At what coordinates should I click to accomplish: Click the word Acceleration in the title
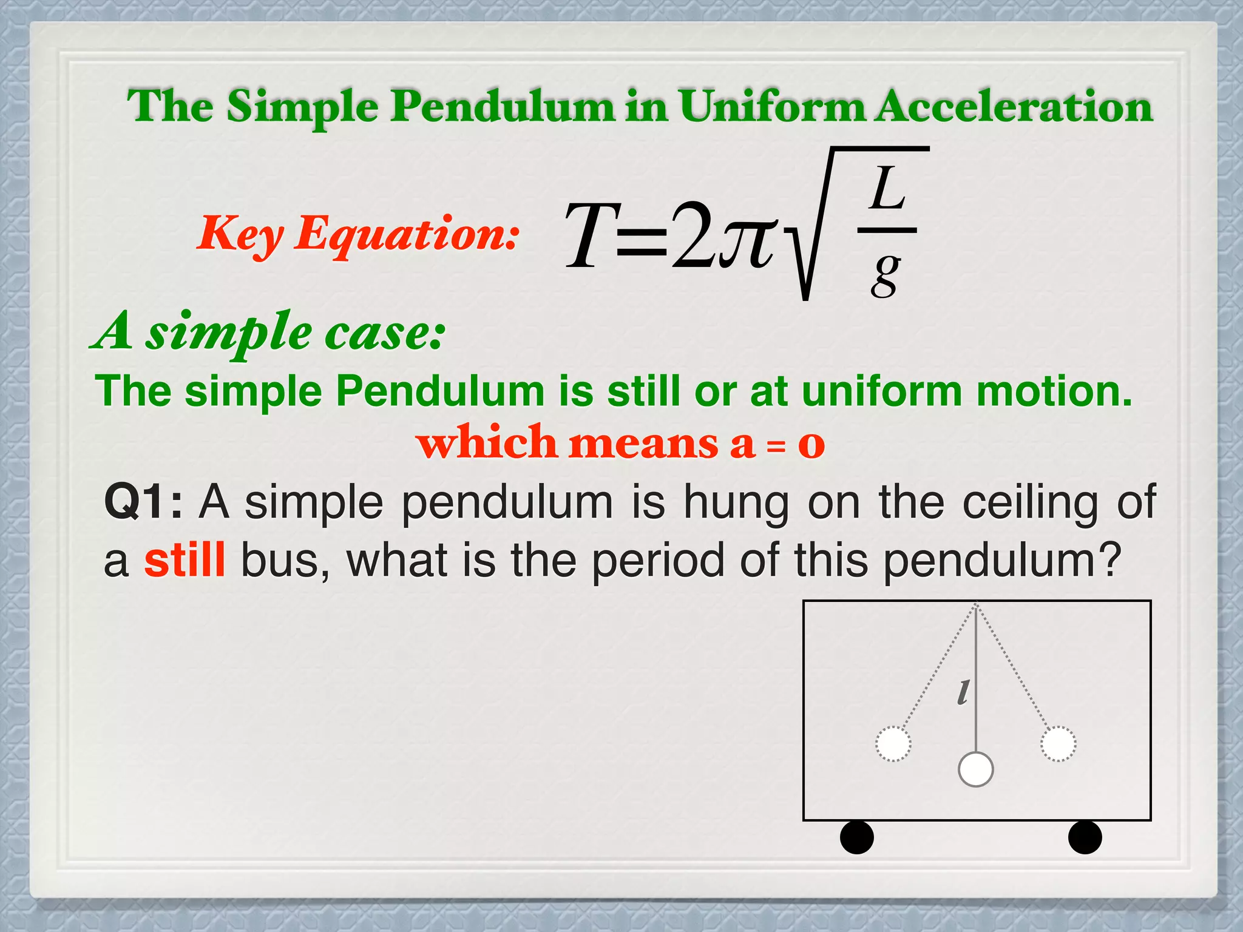point(1013,107)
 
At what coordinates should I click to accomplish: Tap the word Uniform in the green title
point(771,107)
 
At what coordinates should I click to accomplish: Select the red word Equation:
point(407,234)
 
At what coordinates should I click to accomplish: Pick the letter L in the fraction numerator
point(887,189)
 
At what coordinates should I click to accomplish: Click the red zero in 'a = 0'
point(811,444)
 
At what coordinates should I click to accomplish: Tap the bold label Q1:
point(143,502)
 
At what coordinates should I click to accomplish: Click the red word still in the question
point(185,559)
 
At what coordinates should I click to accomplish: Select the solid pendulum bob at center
point(975,769)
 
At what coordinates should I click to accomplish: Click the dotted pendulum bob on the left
point(893,743)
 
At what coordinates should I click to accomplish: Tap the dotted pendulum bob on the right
point(1058,743)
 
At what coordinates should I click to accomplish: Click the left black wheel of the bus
point(856,837)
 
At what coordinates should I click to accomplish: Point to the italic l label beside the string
point(963,692)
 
